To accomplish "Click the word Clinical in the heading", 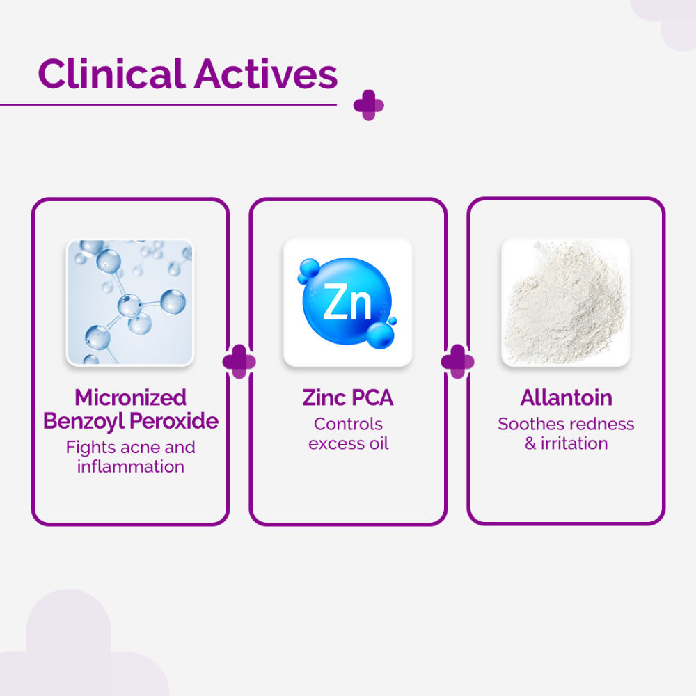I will click(x=112, y=74).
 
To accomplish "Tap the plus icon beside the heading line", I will click(x=368, y=105).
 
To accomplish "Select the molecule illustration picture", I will click(x=130, y=303).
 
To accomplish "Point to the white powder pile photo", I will click(x=565, y=303).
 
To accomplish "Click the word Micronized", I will click(x=131, y=397).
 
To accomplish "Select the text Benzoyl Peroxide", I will click(x=131, y=421).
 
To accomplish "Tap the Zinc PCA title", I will click(x=348, y=397).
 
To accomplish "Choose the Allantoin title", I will click(x=566, y=397).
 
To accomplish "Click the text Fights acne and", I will click(x=131, y=447).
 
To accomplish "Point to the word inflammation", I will click(x=131, y=466).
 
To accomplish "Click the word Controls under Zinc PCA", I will click(x=348, y=423).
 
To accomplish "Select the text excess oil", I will click(x=348, y=443).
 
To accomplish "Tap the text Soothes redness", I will click(x=566, y=423).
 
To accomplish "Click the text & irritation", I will click(x=566, y=443).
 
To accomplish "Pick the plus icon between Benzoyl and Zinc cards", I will click(x=239, y=362).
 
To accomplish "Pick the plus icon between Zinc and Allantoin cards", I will click(x=457, y=362).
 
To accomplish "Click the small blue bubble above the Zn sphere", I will click(x=308, y=269).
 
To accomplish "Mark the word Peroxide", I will click(x=175, y=421).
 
